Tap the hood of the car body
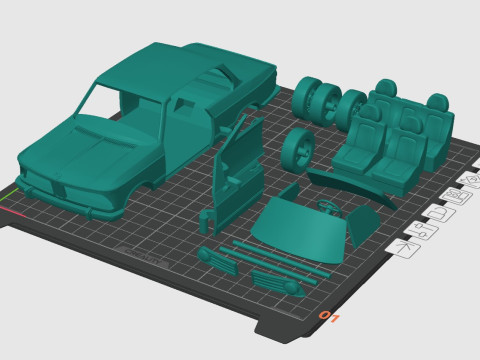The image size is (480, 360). pyautogui.click(x=100, y=140)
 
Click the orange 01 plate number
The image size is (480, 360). pyautogui.click(x=327, y=317)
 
